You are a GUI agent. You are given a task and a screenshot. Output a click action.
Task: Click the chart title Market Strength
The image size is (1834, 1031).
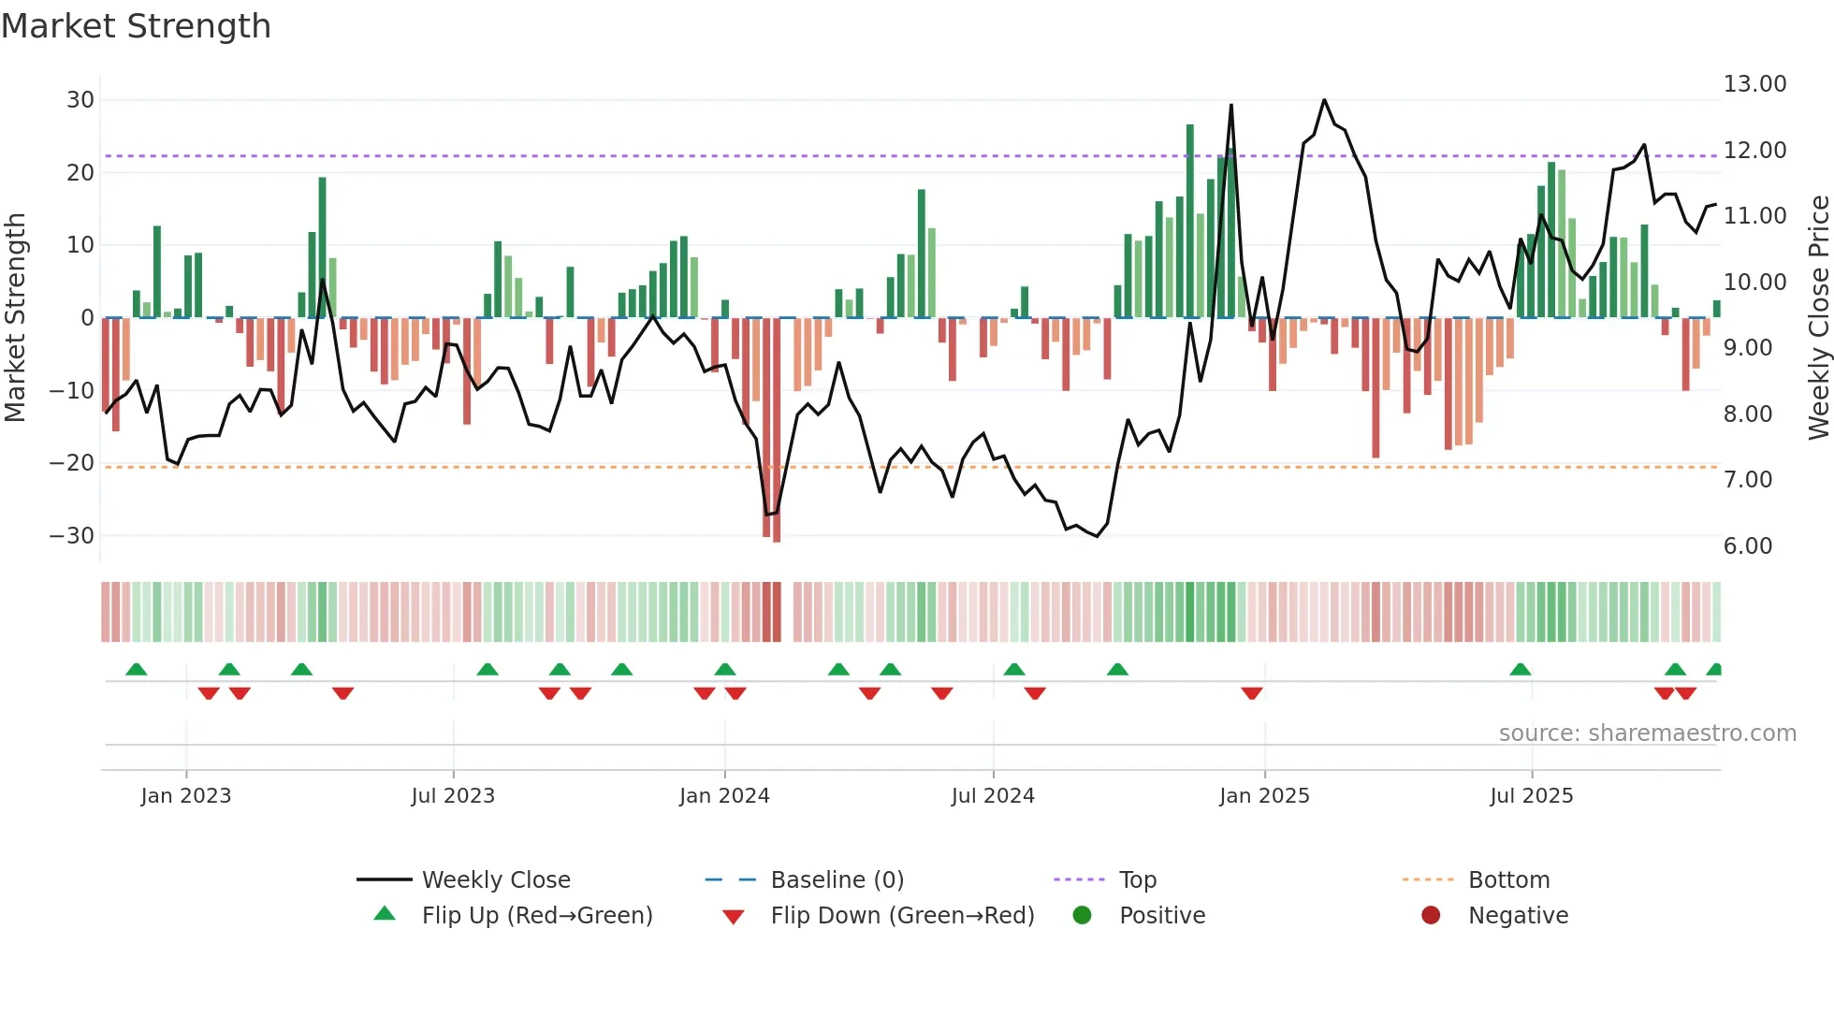click(x=136, y=26)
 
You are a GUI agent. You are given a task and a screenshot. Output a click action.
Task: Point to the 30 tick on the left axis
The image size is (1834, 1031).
click(x=80, y=100)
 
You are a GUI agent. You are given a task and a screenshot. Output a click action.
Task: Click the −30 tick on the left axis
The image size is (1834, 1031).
click(x=72, y=536)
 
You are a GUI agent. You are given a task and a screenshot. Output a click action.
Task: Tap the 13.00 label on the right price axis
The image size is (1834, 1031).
click(x=1754, y=84)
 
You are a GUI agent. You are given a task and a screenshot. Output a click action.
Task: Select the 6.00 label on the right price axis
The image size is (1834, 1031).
click(x=1747, y=546)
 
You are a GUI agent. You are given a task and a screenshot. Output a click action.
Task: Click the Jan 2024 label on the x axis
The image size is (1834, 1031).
click(x=724, y=796)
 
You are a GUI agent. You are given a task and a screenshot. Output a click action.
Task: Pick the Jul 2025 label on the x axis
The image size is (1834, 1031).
click(x=1531, y=796)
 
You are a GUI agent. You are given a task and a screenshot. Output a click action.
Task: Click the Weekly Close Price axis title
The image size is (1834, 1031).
click(x=1818, y=318)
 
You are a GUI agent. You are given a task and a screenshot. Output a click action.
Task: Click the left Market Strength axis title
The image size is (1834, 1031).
click(x=15, y=318)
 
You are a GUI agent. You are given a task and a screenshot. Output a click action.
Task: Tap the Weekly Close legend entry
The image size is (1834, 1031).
click(x=495, y=880)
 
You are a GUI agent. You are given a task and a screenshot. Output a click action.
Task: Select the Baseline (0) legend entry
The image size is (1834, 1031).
click(x=837, y=880)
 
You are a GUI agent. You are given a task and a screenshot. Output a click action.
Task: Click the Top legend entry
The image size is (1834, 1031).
click(x=1137, y=880)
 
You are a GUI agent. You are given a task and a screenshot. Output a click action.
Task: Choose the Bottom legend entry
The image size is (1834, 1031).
click(x=1508, y=880)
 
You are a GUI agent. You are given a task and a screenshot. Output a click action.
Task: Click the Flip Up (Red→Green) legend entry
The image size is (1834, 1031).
click(x=536, y=916)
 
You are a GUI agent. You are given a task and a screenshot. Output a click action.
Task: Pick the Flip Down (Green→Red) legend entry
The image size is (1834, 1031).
click(x=901, y=916)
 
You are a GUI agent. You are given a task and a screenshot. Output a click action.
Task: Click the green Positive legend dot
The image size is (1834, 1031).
click(x=1082, y=916)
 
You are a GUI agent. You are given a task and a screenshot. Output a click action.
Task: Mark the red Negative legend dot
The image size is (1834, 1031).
click(x=1431, y=916)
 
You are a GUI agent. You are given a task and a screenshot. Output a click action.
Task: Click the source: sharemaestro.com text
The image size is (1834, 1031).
click(x=1647, y=733)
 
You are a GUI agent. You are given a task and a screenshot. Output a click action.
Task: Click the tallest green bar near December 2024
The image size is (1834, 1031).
click(x=1190, y=221)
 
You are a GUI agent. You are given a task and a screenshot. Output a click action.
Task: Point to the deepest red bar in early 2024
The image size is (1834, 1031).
click(x=777, y=430)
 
